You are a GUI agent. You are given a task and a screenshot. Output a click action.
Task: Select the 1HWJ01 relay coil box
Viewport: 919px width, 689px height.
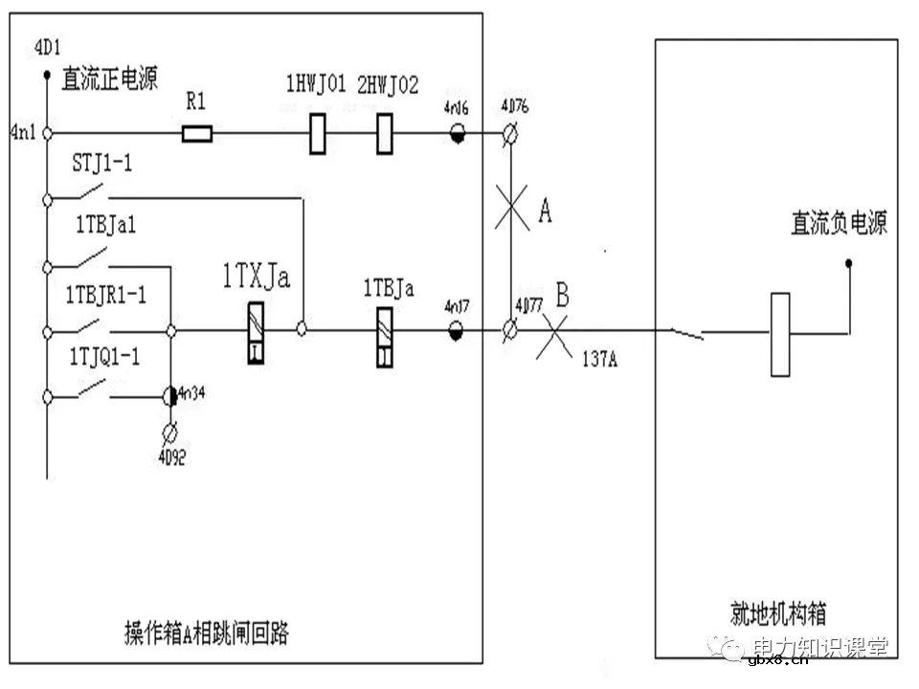coord(319,133)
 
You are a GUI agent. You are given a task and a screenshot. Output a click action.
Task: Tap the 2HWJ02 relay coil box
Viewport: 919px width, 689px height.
coord(385,133)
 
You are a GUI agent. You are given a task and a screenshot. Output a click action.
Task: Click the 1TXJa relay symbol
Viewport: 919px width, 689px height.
coord(254,332)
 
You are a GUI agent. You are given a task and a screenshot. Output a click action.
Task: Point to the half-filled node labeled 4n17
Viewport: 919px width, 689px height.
coord(458,332)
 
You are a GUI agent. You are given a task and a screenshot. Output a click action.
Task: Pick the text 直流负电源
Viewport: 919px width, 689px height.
coord(839,224)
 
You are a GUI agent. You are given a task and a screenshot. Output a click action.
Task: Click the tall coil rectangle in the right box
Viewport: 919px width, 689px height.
coord(780,334)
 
